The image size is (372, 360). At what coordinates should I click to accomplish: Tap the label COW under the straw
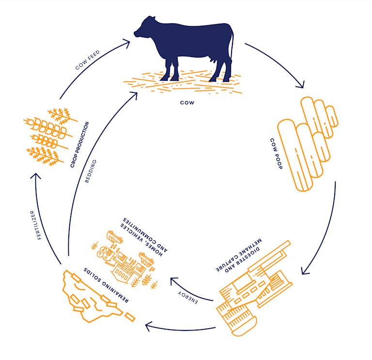click(187, 103)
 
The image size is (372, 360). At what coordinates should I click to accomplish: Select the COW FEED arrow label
click(88, 60)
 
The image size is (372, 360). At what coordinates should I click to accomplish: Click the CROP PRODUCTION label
click(80, 145)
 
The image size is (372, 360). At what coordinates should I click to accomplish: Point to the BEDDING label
click(91, 171)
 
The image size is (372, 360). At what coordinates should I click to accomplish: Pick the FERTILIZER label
click(36, 225)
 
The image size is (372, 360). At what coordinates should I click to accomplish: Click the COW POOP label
click(277, 153)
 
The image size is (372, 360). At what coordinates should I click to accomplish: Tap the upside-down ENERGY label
click(187, 297)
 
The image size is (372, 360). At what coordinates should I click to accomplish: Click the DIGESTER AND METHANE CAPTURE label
click(239, 255)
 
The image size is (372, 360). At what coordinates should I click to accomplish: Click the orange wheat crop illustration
click(50, 137)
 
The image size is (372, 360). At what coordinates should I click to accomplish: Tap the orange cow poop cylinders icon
click(308, 144)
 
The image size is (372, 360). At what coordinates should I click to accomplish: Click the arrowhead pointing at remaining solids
click(148, 326)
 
